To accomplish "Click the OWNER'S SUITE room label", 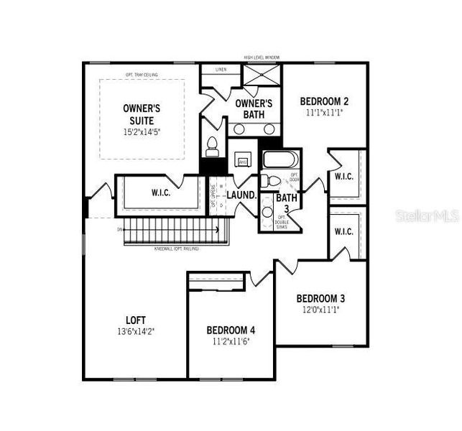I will [142, 113].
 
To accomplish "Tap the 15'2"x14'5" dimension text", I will [142, 132].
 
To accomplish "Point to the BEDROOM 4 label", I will [231, 330].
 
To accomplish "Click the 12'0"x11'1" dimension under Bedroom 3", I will [321, 310].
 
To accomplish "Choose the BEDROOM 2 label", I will [324, 101].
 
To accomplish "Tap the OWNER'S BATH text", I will [254, 108].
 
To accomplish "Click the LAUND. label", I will [241, 195].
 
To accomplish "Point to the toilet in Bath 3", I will [266, 180].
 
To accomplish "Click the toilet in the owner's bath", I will [212, 146].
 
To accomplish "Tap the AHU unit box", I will [243, 162].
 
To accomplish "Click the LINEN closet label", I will [220, 70].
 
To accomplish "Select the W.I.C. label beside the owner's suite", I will [160, 193].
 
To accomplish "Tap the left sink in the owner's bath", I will [240, 129].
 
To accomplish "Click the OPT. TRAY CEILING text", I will [141, 75].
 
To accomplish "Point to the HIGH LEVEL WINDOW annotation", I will [262, 57].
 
